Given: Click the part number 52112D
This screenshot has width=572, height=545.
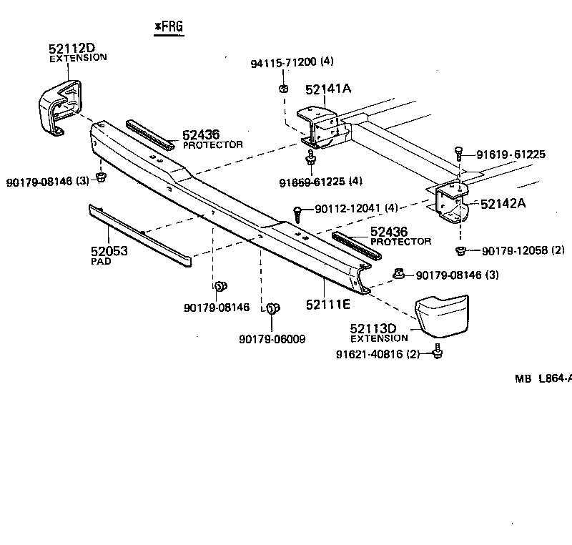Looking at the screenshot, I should pyautogui.click(x=72, y=49).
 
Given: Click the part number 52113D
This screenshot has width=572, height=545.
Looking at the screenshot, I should pyautogui.click(x=373, y=329).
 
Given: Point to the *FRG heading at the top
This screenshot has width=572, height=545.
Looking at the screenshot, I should pyautogui.click(x=169, y=27).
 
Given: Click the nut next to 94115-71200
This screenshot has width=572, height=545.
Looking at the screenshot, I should pyautogui.click(x=282, y=89).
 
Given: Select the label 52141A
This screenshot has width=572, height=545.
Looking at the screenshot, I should pyautogui.click(x=329, y=89).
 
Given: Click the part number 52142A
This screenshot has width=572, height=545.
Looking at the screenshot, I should pyautogui.click(x=503, y=203).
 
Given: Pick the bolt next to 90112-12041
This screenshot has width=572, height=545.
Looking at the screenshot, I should pyautogui.click(x=298, y=212).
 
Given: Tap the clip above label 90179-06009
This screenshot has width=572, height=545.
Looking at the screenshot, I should pyautogui.click(x=272, y=308).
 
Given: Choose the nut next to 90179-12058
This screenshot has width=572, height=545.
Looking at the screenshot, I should pyautogui.click(x=462, y=250).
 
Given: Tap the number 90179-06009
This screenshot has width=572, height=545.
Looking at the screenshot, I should pyautogui.click(x=272, y=339).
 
